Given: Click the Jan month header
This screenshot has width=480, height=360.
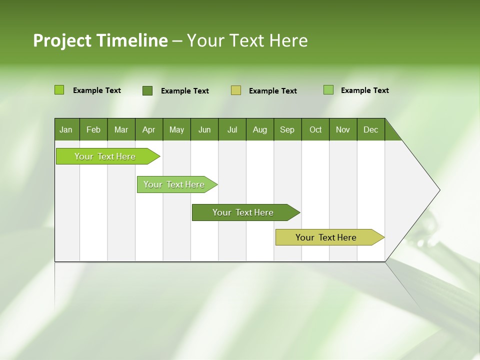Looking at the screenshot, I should click(66, 130).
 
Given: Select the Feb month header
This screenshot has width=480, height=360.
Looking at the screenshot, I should click(93, 130).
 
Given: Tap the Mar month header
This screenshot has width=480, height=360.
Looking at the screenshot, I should click(121, 130).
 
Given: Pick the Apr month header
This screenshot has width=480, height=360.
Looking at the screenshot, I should click(148, 130).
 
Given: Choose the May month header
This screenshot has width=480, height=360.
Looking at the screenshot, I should click(176, 130).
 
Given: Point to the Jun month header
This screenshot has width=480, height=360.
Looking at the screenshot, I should click(204, 130).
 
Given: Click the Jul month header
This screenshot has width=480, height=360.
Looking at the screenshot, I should click(232, 130).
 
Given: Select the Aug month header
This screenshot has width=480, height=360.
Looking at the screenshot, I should click(259, 130).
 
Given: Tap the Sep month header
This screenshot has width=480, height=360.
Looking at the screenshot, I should click(287, 130).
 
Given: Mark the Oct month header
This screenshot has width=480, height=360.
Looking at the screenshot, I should click(315, 130).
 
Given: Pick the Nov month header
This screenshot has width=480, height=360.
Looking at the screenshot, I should click(343, 130).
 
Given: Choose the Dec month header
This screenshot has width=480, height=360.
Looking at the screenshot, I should click(370, 130).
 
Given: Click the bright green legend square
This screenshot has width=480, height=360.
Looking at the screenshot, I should click(59, 90).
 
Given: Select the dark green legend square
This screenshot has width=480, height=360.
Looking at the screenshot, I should click(147, 90).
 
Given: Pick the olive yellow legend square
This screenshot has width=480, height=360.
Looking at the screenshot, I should click(236, 90).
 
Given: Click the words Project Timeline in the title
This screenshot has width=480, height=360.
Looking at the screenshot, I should click(100, 40).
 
